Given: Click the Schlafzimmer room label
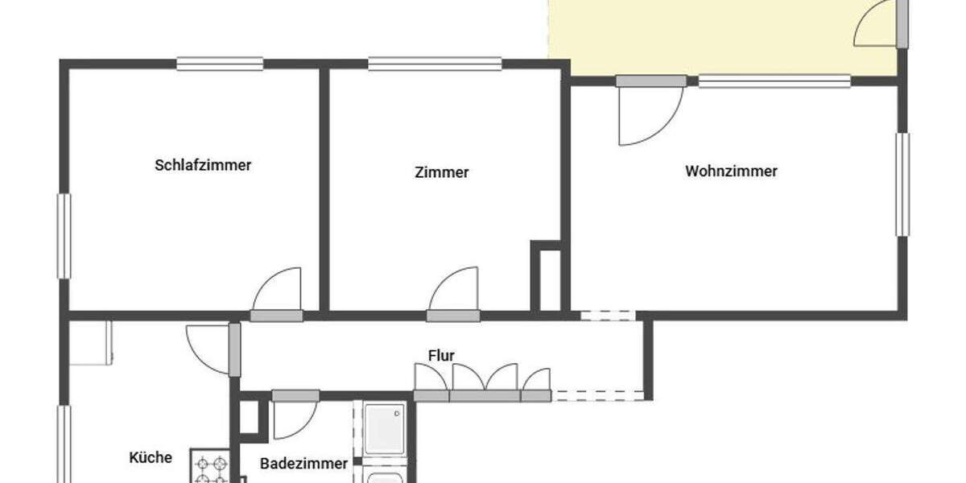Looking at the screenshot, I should point(203,165).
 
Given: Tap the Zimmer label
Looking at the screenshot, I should point(442,172).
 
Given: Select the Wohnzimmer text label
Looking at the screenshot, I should point(731,171).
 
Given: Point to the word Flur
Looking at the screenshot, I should point(441,355).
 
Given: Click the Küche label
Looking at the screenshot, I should point(151,457).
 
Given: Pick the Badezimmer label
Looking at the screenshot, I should point(303,464).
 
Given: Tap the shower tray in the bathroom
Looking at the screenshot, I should point(383,429).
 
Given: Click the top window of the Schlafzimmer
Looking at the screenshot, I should point(220,64).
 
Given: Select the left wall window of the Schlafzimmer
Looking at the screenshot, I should point(64,236).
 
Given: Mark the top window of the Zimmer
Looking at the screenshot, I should point(435,64).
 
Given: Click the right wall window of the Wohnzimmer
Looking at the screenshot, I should point(902,184).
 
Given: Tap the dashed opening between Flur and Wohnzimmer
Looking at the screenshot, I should point(609,315).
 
